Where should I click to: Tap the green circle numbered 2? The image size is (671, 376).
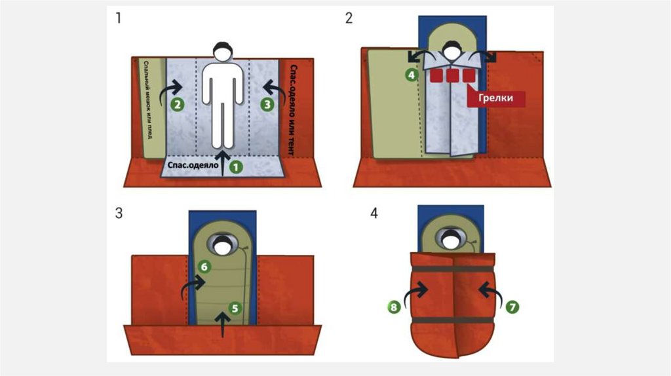(176, 103)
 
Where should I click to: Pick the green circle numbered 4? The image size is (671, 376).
(412, 75)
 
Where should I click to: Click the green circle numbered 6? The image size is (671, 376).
(204, 267)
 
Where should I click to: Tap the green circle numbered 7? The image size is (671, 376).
(513, 306)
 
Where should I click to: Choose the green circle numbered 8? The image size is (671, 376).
(394, 306)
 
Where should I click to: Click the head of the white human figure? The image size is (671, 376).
(223, 50)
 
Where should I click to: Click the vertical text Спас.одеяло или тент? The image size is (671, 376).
(292, 108)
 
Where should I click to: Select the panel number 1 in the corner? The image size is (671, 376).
(119, 18)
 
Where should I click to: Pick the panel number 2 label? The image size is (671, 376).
(349, 18)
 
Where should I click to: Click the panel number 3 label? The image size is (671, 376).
(119, 214)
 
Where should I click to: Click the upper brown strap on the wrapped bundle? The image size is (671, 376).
(453, 269)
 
